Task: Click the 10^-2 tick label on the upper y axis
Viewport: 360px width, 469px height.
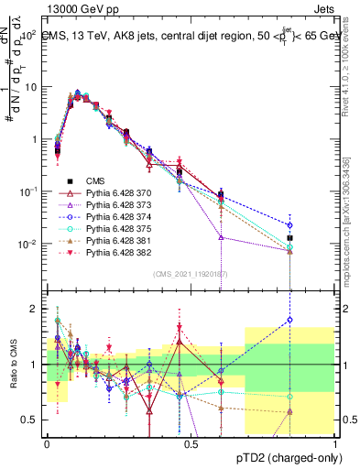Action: (x=27, y=244)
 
